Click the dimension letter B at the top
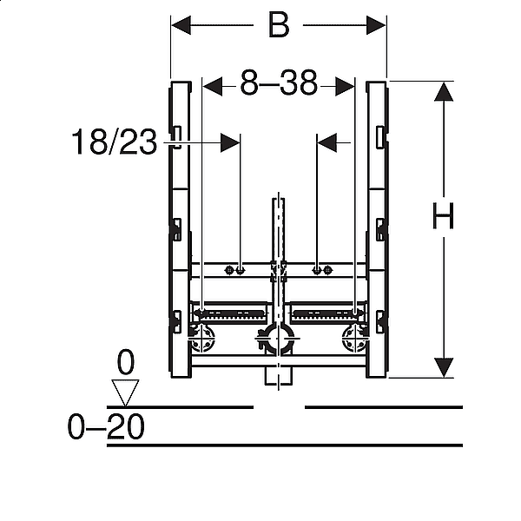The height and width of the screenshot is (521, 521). (279, 25)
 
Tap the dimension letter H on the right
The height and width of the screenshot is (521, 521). (443, 216)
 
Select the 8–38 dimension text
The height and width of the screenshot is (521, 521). (279, 82)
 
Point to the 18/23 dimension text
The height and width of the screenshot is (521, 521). (114, 142)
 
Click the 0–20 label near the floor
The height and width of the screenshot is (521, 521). (106, 426)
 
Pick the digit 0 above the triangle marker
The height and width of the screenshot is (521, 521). (126, 362)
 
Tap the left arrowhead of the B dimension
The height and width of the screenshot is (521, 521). (181, 25)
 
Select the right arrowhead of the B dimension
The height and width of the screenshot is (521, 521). (376, 25)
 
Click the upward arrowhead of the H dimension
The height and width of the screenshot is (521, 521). (444, 92)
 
